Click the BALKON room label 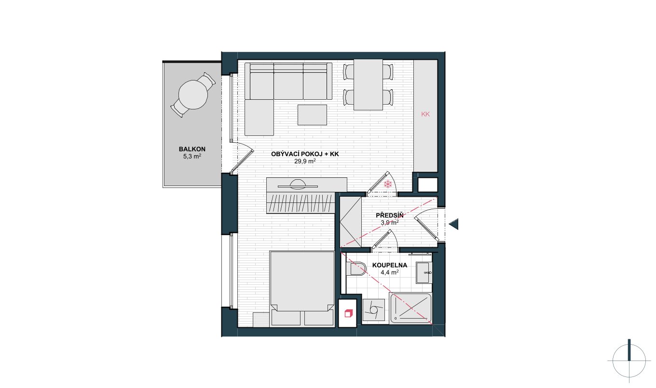point(192,149)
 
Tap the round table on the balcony point(193,94)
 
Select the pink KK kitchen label point(425,114)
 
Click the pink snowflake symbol point(388,184)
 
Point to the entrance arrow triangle point(454,224)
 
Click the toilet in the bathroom point(356,268)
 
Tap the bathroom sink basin point(424,273)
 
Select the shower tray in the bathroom point(410,308)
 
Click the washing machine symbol point(373,310)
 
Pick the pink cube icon point(348,313)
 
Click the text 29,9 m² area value point(305,161)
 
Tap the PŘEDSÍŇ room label point(390,215)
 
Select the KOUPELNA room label point(390,265)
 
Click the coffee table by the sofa point(312,115)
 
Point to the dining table point(368,84)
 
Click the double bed point(302,288)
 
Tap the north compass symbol point(629,361)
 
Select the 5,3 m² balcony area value point(192,156)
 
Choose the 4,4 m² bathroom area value point(390,272)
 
